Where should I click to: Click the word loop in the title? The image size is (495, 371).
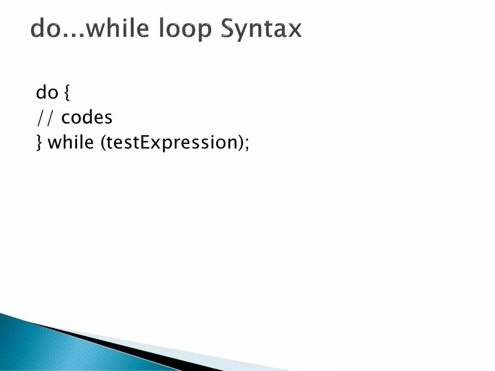[185, 29]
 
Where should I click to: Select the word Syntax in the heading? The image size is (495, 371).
[261, 29]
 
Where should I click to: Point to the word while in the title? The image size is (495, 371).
[117, 28]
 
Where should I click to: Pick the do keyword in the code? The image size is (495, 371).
[47, 92]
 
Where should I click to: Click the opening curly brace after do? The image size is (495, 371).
[67, 92]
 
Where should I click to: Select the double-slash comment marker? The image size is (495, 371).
[45, 118]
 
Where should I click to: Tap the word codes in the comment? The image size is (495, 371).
[86, 118]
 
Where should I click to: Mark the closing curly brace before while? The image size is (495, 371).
[39, 142]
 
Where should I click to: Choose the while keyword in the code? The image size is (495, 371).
[71, 142]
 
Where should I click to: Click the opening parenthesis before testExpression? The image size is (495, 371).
[103, 142]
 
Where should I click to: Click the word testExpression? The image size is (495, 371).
[172, 142]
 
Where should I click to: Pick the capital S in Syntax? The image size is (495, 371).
[228, 28]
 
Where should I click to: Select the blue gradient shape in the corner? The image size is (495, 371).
[63, 347]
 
